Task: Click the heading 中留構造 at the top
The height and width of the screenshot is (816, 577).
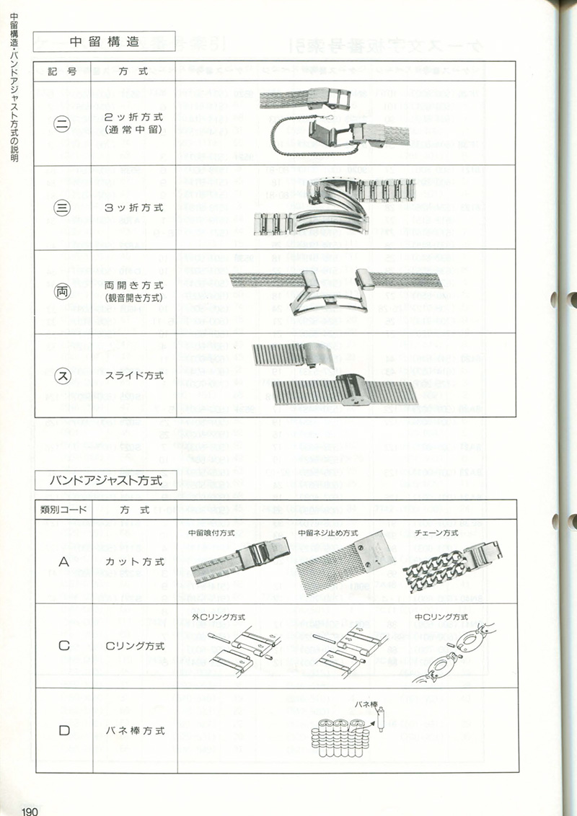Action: coord(105,42)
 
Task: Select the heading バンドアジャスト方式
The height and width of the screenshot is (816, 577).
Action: coord(105,479)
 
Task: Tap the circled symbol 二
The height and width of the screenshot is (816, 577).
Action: coord(63,123)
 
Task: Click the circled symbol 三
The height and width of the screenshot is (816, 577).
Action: coord(63,208)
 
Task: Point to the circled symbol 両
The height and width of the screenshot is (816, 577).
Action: coord(63,291)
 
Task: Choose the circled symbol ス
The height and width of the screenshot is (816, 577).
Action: coord(63,376)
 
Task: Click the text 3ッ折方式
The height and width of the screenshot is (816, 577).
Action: coord(134,208)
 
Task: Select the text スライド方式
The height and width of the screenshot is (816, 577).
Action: coord(134,376)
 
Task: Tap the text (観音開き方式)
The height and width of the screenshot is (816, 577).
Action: coord(134,298)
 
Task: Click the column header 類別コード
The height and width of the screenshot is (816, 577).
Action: coord(63,510)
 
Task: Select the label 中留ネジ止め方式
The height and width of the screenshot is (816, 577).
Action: coord(328,533)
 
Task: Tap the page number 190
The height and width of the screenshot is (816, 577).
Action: coord(30,811)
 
